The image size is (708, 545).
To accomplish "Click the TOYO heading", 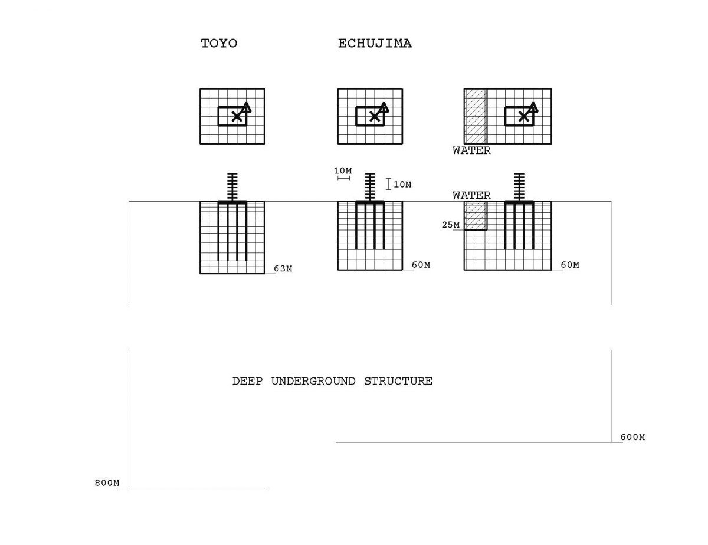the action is tap(219, 43).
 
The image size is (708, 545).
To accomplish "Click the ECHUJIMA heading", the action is tap(375, 43).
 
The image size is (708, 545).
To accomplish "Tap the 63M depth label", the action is tap(283, 268).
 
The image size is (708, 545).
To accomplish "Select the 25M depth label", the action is tap(451, 225).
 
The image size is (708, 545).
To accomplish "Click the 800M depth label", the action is tap(107, 483).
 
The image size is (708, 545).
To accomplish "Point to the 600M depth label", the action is tap(632, 437).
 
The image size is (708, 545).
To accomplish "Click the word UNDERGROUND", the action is tap(313, 381).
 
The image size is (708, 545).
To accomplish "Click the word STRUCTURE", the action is tap(398, 381).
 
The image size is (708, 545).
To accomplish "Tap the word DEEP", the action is tap(247, 381).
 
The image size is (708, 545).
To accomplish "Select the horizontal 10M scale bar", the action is tap(344, 178).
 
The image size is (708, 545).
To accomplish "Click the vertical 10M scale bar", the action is tap(388, 184).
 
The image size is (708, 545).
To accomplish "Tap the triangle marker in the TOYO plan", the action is tap(246, 107).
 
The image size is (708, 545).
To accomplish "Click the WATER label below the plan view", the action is tap(471, 150).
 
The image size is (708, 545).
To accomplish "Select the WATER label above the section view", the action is tap(471, 195).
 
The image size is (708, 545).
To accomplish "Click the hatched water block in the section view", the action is tap(476, 215).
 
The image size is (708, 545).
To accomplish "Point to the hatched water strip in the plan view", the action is tap(476, 116).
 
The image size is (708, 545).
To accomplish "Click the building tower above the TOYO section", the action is tap(232, 187).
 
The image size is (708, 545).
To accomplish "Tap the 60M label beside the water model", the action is tap(570, 265).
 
